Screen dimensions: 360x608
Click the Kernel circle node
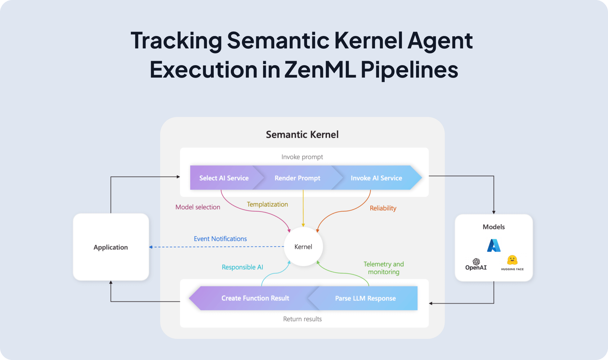point(303,247)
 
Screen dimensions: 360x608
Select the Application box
point(111,247)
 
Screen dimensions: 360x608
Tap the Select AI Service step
point(224,178)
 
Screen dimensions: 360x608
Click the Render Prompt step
point(297,178)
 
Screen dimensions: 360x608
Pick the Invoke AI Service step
point(376,178)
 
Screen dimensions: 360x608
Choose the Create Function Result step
point(255,298)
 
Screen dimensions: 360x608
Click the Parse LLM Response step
point(365,298)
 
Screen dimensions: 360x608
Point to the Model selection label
point(198,207)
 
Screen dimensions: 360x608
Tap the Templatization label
point(267,204)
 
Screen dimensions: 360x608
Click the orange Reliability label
point(383,208)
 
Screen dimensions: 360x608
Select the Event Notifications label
point(220,239)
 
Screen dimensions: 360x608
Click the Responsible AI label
point(242,267)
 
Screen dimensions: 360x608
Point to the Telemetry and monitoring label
point(383,268)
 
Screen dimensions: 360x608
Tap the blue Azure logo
point(494,245)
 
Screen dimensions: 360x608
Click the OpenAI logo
point(476,264)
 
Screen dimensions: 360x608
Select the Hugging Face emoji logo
point(512,260)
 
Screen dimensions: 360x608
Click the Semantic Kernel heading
point(302,134)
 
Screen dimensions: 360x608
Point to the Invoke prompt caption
point(302,157)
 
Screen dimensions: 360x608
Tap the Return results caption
point(302,319)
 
